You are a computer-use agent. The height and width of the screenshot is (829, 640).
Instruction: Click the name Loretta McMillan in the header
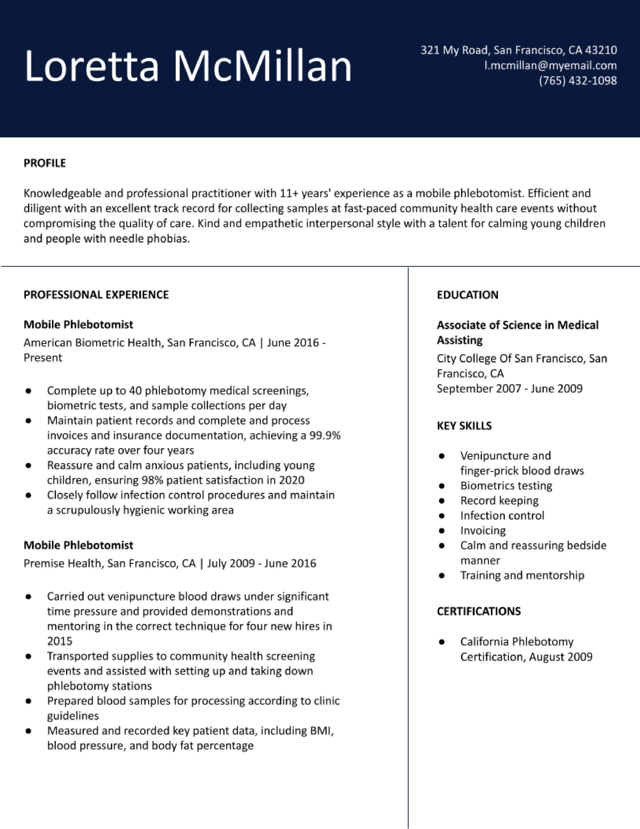[188, 66]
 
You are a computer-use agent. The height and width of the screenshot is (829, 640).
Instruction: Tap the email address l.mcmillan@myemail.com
[550, 66]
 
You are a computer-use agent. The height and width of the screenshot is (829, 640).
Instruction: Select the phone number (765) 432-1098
[578, 80]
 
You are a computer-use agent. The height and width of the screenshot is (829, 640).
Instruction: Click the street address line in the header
[519, 50]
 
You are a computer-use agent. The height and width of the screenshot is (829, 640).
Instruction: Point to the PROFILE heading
[45, 163]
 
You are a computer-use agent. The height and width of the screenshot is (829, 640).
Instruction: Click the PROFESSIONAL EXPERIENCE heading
[96, 295]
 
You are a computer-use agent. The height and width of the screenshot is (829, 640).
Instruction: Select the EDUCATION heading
[468, 295]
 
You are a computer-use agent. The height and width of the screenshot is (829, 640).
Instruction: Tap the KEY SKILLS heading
[464, 426]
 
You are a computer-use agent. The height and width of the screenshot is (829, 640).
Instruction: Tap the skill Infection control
[502, 516]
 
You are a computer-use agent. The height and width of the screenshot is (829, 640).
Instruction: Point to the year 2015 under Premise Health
[60, 641]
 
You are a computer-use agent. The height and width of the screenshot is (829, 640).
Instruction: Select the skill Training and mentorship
[522, 575]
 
